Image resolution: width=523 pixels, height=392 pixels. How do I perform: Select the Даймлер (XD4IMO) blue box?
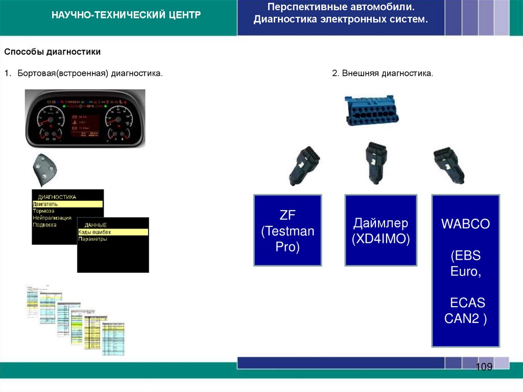[x=381, y=230]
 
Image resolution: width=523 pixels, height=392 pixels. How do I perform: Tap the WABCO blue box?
[x=465, y=270]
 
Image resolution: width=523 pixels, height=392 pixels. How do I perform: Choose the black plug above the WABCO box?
[x=448, y=165]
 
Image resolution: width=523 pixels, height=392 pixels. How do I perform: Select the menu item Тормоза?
[x=44, y=211]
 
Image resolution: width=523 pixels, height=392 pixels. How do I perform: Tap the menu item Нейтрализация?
[x=52, y=218]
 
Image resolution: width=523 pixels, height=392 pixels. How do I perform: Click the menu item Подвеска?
[x=44, y=225]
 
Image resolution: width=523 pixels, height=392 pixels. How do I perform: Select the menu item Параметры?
[x=93, y=239]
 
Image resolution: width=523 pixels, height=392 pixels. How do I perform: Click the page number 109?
[x=483, y=367]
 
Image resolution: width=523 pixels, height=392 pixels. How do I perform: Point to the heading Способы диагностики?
[x=53, y=52]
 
